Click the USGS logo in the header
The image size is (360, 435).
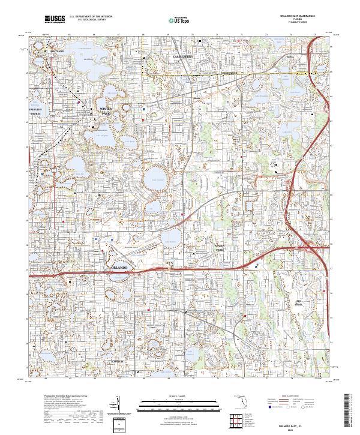point(55,20)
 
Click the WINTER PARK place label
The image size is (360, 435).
point(106,110)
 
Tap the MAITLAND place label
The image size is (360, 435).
point(57,52)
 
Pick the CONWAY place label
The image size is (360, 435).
point(116,361)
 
